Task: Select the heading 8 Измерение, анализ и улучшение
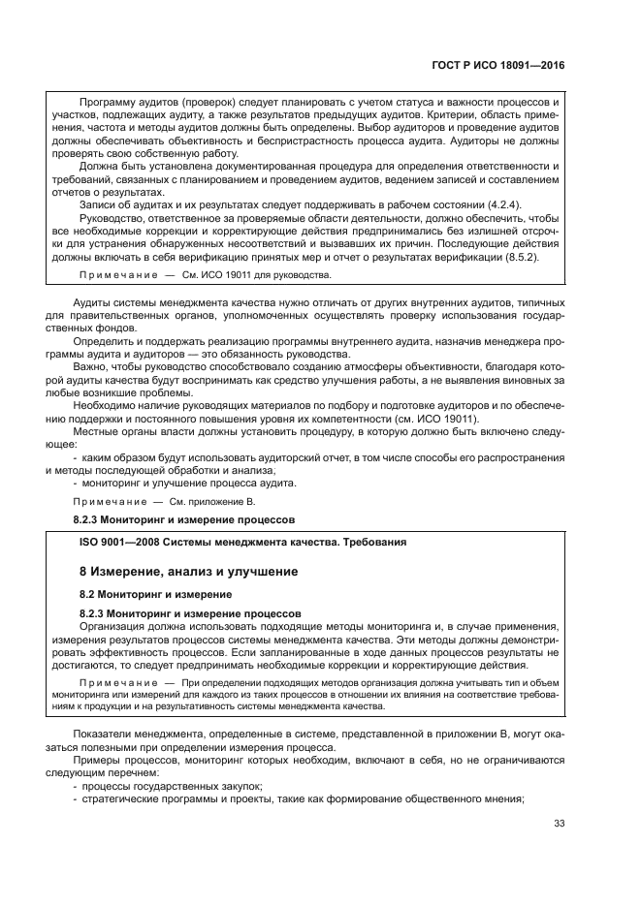[x=188, y=572]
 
